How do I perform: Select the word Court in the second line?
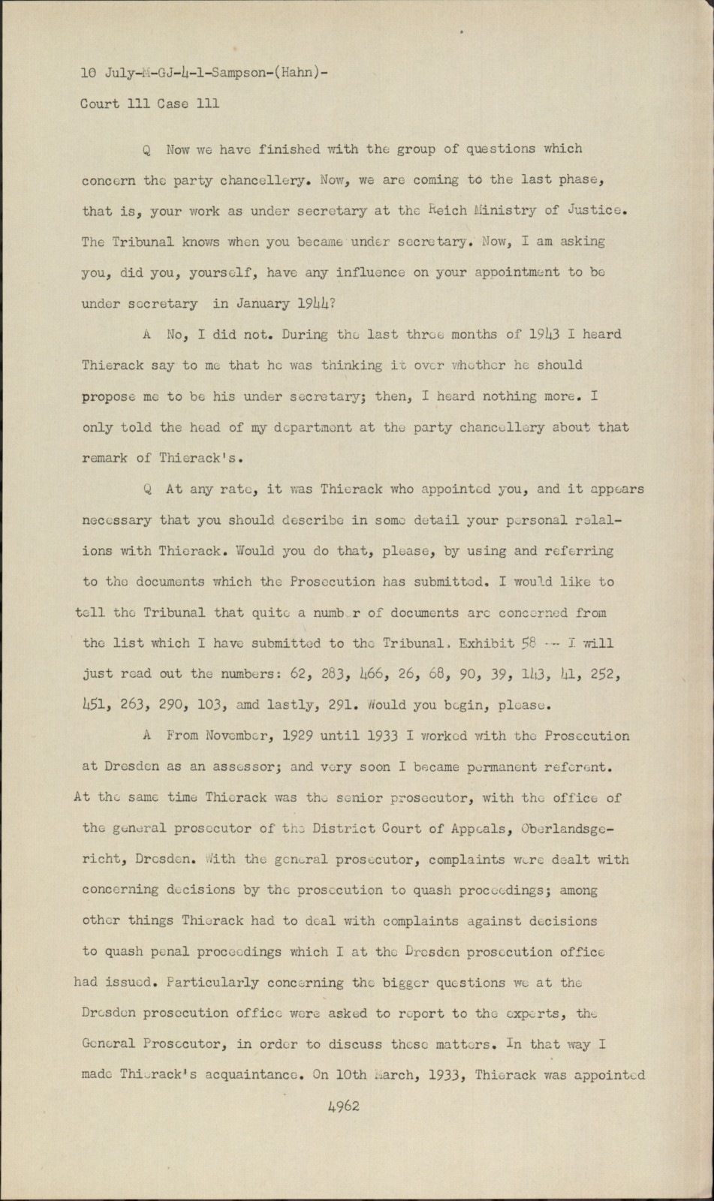(x=100, y=104)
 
